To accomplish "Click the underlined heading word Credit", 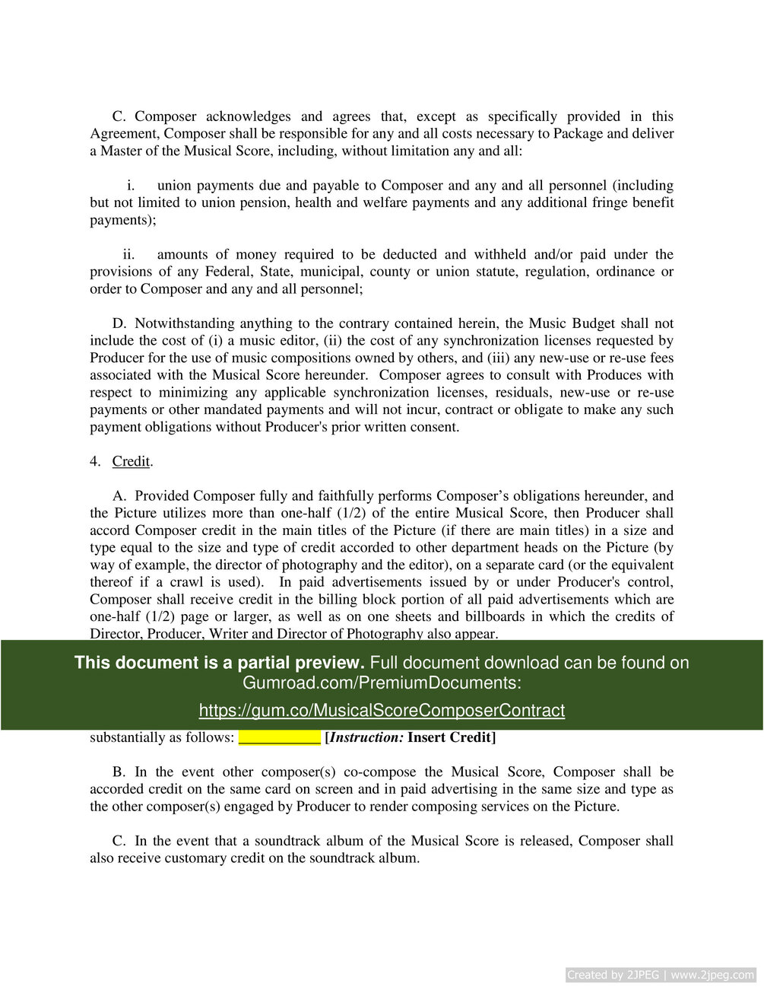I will coord(131,461).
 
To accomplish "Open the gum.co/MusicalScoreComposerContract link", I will coord(382,710).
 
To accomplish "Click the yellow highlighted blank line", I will coord(279,737).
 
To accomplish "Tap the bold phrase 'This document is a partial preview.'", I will coord(219,663).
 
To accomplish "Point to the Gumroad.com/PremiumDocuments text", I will coord(382,683).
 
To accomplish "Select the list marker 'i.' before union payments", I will coord(131,186).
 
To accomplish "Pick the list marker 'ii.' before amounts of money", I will coord(128,254).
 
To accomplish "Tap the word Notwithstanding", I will coord(182,323).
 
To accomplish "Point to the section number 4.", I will coord(94,461).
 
